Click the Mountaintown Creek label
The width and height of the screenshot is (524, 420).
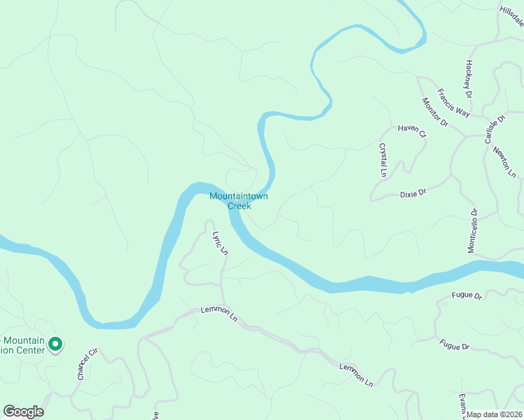point(240,202)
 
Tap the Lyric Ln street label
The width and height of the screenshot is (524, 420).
point(221,242)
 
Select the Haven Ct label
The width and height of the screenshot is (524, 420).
point(411,129)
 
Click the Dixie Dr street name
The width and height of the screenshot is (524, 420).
point(413,192)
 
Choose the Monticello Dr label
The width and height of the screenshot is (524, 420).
point(472,230)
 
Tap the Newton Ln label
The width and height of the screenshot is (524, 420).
point(504,162)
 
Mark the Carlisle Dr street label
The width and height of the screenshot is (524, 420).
point(494,130)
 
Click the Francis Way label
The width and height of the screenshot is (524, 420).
point(453,102)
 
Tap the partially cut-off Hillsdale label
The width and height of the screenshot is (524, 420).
point(511,14)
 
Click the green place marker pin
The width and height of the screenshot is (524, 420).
point(57,344)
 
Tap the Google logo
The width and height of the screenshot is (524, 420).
point(22,412)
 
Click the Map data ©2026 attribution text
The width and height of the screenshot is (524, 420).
point(495,414)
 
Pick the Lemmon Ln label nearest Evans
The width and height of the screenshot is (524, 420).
point(356,374)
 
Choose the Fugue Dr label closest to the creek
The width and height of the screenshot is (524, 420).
point(467,297)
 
